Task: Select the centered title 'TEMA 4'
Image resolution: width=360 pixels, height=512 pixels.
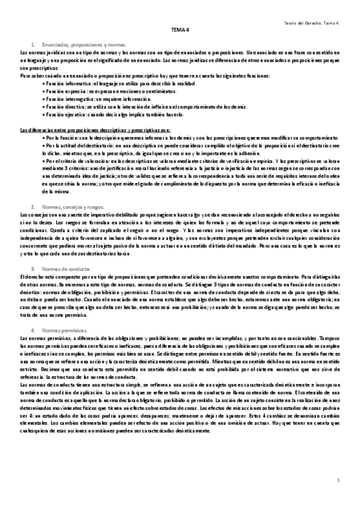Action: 180,28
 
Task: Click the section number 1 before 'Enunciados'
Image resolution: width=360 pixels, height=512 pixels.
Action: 32,45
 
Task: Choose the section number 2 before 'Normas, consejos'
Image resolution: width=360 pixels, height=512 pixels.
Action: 32,207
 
